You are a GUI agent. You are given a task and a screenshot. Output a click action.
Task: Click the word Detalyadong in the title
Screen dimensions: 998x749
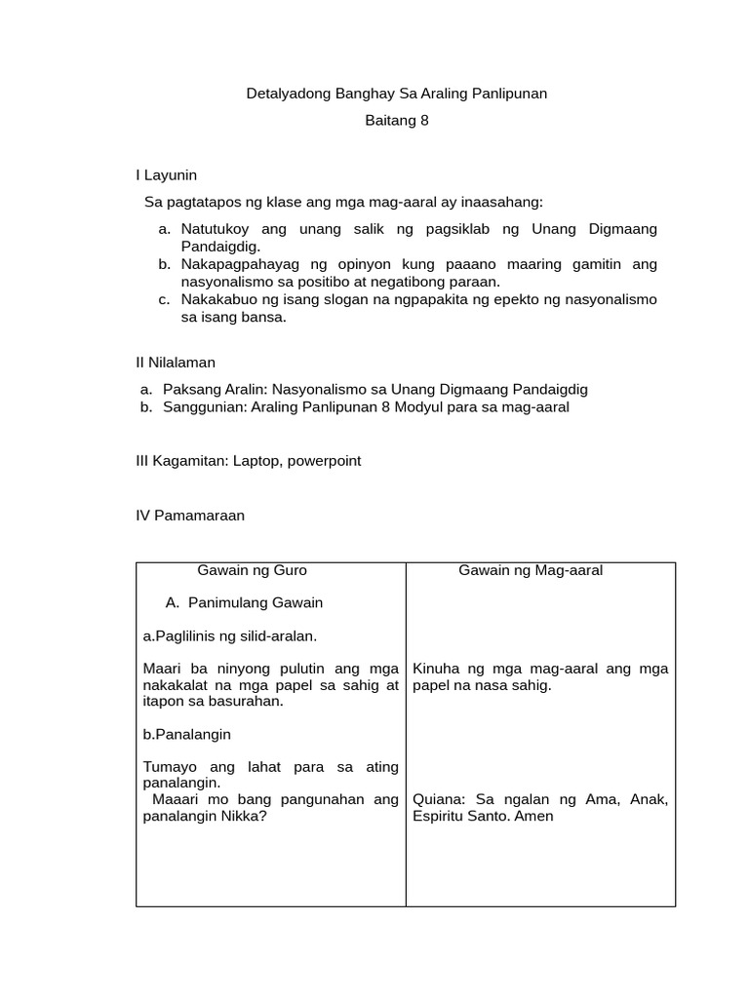coord(283,95)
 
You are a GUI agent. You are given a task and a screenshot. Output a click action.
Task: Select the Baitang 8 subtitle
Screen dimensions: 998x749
coord(396,122)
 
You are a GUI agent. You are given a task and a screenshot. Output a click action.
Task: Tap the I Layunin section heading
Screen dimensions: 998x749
coord(167,175)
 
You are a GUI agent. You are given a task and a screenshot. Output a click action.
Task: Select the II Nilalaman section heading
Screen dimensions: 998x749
coord(176,362)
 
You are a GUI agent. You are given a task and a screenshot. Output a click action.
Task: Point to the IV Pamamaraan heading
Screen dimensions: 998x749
coord(190,516)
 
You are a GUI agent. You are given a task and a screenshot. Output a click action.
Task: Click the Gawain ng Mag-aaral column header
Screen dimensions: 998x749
coord(531,570)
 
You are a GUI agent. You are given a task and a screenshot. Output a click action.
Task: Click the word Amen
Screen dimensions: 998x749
coord(535,817)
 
